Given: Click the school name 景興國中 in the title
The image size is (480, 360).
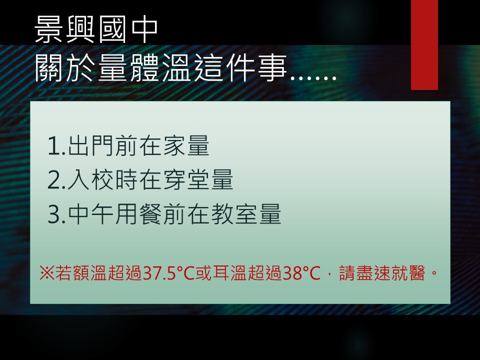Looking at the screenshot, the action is click(x=96, y=29).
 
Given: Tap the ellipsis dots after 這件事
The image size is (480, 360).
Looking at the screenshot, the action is click(x=313, y=78).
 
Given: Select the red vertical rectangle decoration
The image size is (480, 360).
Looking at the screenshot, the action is click(x=424, y=45).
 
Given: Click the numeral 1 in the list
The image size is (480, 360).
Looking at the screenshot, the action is click(x=54, y=146).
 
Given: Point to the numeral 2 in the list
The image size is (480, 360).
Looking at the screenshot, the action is click(x=54, y=180).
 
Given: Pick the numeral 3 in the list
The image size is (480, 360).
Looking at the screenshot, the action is click(x=54, y=214).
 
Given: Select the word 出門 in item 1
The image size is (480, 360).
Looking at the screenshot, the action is click(x=90, y=145).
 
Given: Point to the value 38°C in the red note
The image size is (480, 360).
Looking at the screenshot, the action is click(x=301, y=273).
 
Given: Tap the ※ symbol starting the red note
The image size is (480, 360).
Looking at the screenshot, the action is click(x=47, y=273).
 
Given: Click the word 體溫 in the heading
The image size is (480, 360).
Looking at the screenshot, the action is click(x=160, y=68).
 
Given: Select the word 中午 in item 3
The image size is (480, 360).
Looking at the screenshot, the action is click(x=90, y=214).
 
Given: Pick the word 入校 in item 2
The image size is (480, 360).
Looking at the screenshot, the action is click(x=90, y=179).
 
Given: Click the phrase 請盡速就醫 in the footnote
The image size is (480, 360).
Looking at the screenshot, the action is click(x=382, y=273).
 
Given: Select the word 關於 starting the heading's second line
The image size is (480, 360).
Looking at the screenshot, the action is click(x=65, y=68).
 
